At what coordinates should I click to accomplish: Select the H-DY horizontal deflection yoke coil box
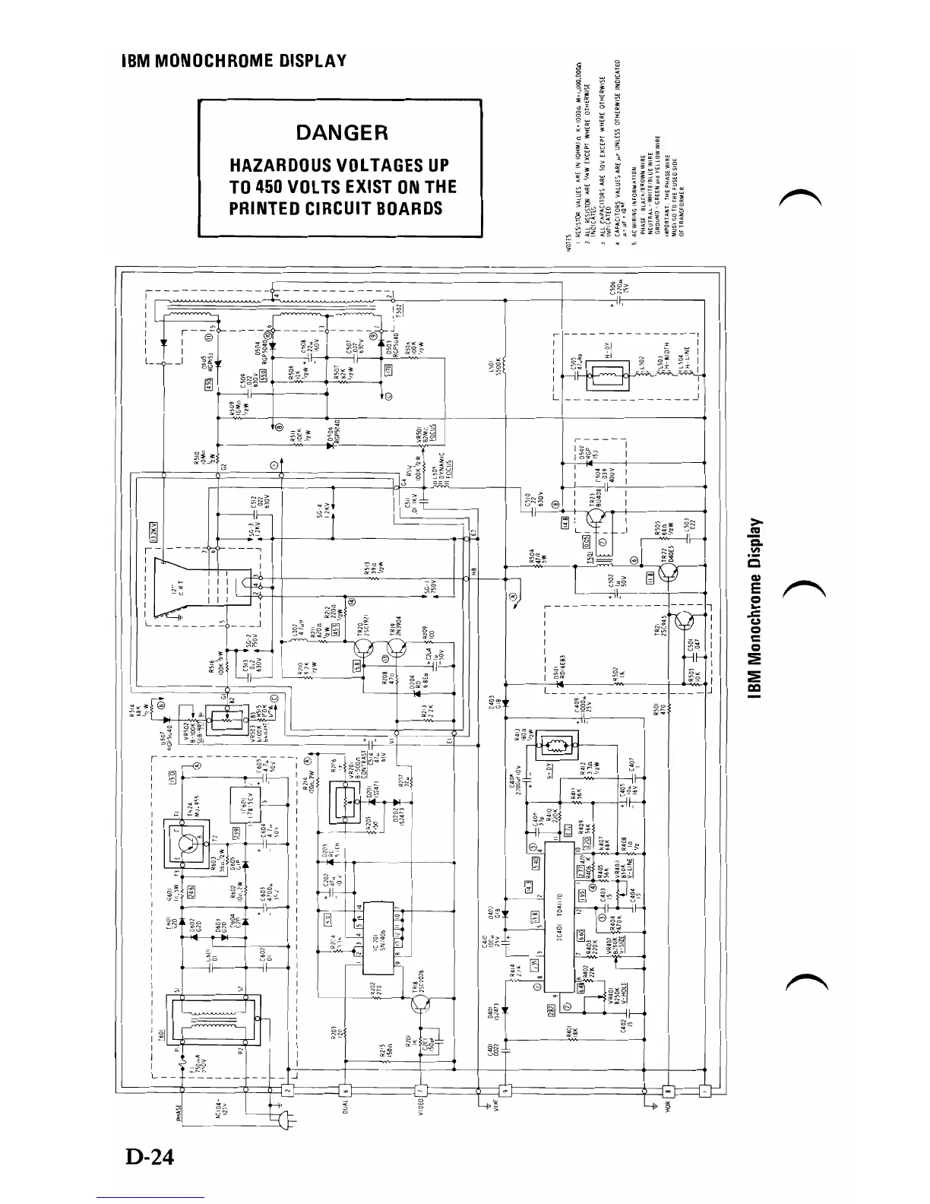(606, 376)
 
